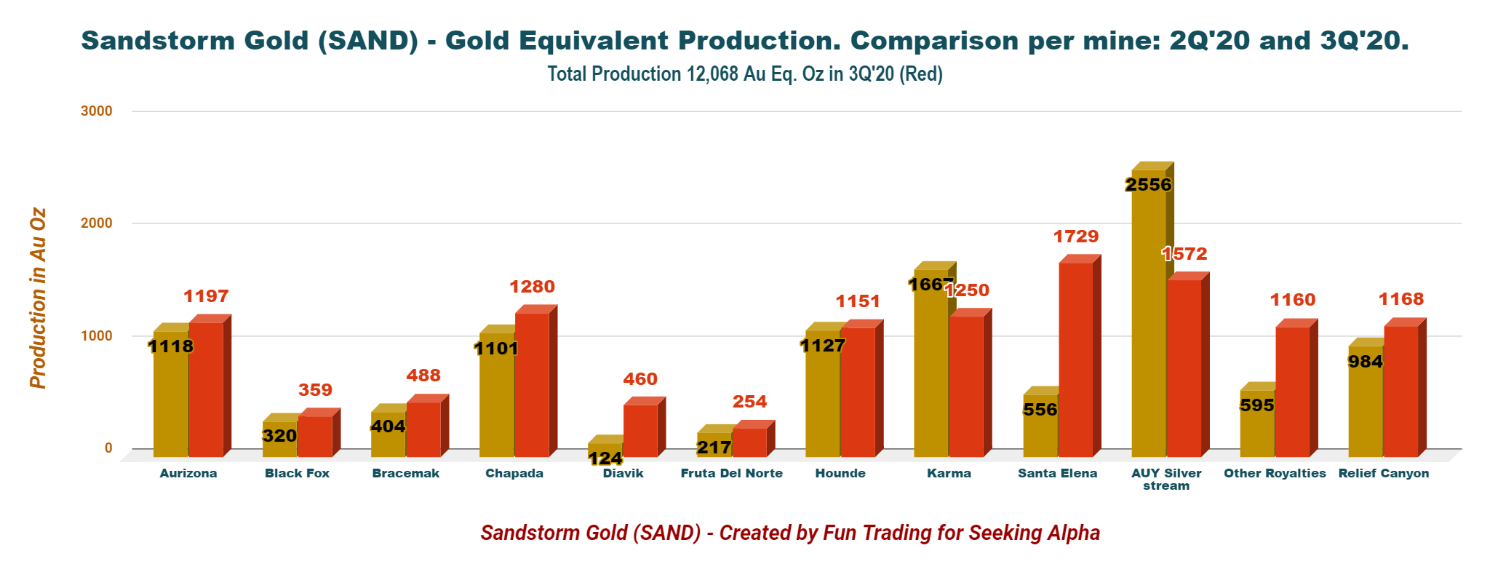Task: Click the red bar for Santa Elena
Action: (1075, 360)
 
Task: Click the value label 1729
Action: (1076, 237)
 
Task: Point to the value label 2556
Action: (1148, 185)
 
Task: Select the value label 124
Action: (605, 458)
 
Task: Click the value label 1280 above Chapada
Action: (532, 287)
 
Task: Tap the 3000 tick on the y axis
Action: (97, 111)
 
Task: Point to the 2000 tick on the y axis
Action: (97, 223)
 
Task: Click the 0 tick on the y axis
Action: (108, 448)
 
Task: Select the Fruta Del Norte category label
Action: (731, 474)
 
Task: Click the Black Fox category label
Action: (297, 474)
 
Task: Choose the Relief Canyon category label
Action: (1383, 474)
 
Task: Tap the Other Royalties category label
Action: (1275, 474)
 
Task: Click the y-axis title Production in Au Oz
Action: (38, 298)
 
